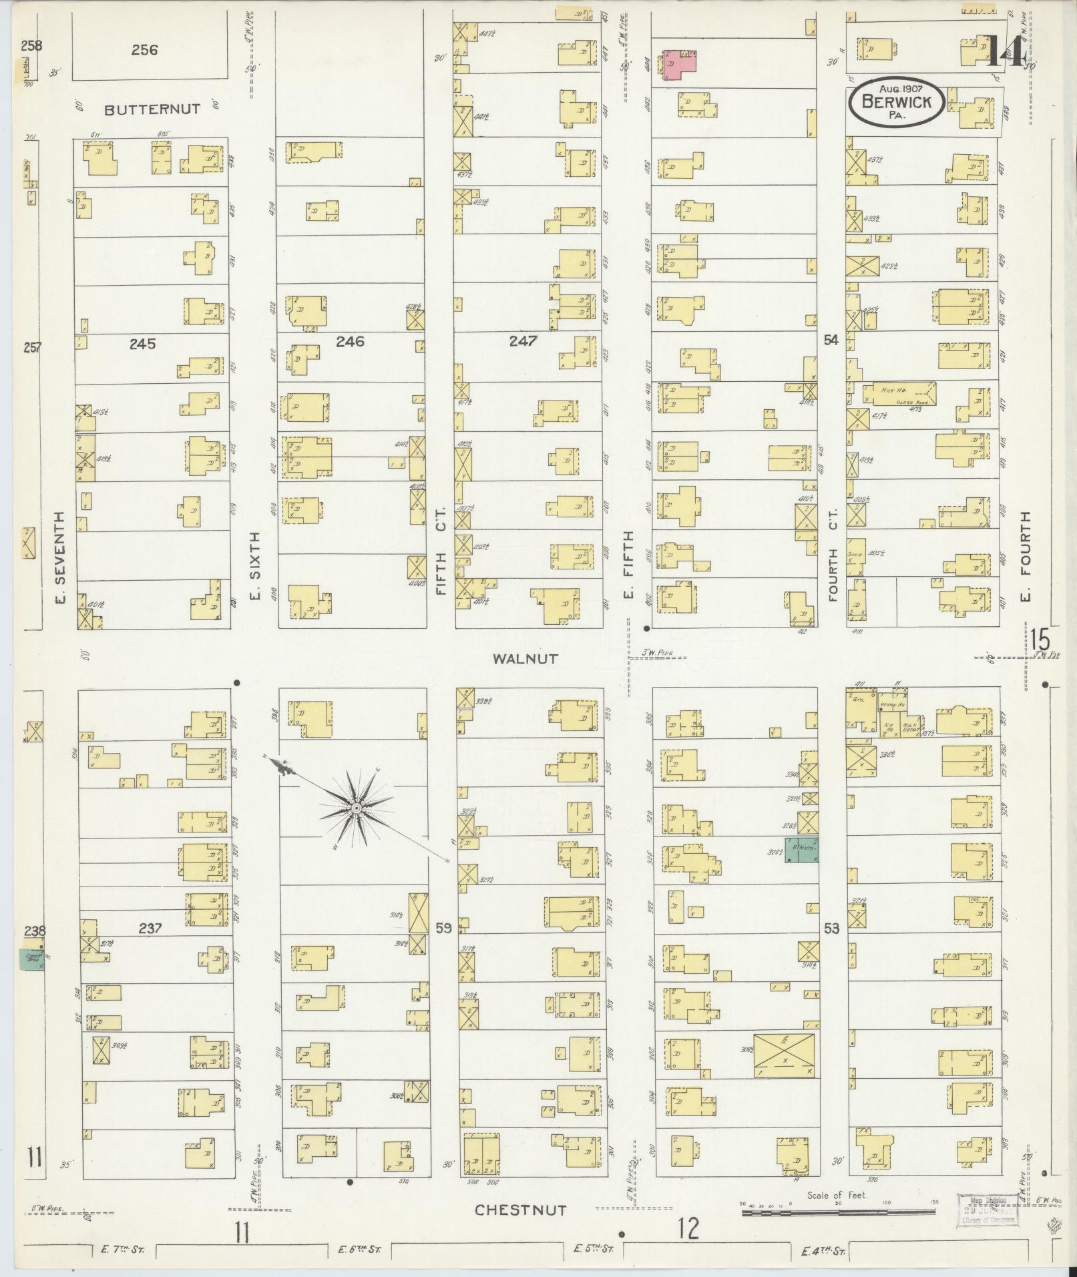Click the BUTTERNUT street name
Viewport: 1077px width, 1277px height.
152,109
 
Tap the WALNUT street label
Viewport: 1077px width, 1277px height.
525,659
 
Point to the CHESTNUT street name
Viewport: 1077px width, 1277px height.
521,1210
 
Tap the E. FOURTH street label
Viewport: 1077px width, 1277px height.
1026,557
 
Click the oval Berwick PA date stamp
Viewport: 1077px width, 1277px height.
896,102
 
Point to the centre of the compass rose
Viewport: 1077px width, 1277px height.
357,809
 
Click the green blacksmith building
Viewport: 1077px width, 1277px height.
801,850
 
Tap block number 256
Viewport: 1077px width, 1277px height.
144,49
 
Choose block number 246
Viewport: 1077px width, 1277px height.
350,342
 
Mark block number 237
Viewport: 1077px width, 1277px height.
150,928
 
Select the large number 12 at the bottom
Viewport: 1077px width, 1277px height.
688,1228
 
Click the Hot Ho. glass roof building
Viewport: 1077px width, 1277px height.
899,394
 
